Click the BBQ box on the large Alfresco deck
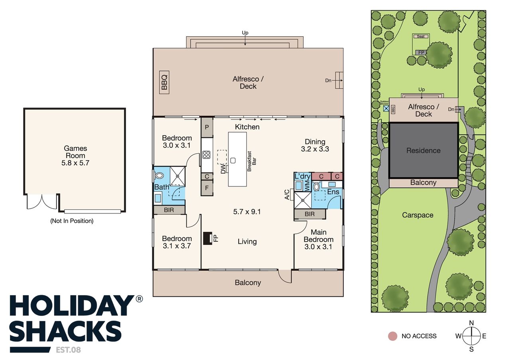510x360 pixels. point(164,82)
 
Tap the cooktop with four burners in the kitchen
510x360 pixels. point(206,155)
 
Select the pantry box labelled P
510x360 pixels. point(207,127)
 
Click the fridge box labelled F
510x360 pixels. point(207,188)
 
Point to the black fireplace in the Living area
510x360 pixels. point(208,238)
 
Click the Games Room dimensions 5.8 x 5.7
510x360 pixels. point(75,163)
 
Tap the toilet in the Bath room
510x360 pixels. point(159,176)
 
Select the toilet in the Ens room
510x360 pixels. point(316,187)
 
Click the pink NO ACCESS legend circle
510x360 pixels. point(393,336)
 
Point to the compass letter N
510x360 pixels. point(471,323)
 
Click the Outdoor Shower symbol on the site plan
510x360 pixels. point(386,108)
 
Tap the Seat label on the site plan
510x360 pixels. point(421,36)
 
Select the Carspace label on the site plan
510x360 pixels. point(418,215)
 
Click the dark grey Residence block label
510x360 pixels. point(423,151)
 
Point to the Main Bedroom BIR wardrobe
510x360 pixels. point(310,214)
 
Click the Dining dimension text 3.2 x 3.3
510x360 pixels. point(315,149)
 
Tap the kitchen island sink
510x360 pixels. point(233,160)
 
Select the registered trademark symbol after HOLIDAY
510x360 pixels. point(139,299)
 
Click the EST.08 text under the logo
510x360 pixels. point(68,350)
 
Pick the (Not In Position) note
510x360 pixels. point(72,221)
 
